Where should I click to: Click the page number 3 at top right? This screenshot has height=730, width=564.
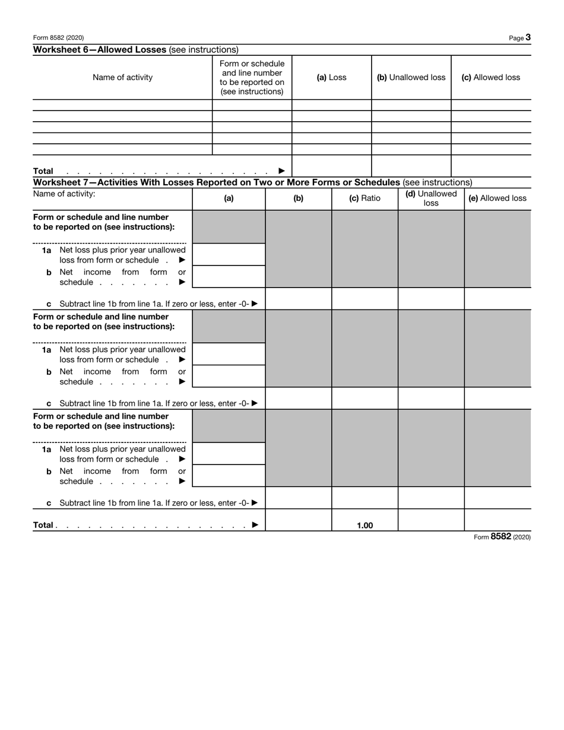tap(528, 37)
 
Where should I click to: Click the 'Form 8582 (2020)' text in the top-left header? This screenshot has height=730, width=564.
tap(58, 38)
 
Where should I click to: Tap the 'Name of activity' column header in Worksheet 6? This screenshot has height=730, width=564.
tap(122, 77)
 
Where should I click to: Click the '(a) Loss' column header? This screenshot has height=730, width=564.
tap(331, 77)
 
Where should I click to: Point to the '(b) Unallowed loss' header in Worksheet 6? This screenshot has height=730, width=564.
tap(411, 77)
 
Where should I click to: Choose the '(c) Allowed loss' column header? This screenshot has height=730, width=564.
tap(490, 77)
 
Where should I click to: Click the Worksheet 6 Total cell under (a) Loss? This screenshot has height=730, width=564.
tap(331, 166)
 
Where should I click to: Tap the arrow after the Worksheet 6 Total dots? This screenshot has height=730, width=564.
tap(282, 171)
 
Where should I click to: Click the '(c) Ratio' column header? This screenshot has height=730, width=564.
tap(365, 198)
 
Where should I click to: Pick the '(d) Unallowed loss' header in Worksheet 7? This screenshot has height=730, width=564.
tap(431, 198)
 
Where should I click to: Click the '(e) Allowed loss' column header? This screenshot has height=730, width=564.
tap(498, 198)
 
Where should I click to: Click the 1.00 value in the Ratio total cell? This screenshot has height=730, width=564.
tap(365, 526)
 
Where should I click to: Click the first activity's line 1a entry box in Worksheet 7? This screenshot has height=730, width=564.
tap(229, 254)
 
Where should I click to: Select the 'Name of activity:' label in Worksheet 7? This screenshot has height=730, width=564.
tap(64, 194)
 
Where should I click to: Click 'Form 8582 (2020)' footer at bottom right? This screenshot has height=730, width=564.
tap(502, 536)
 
